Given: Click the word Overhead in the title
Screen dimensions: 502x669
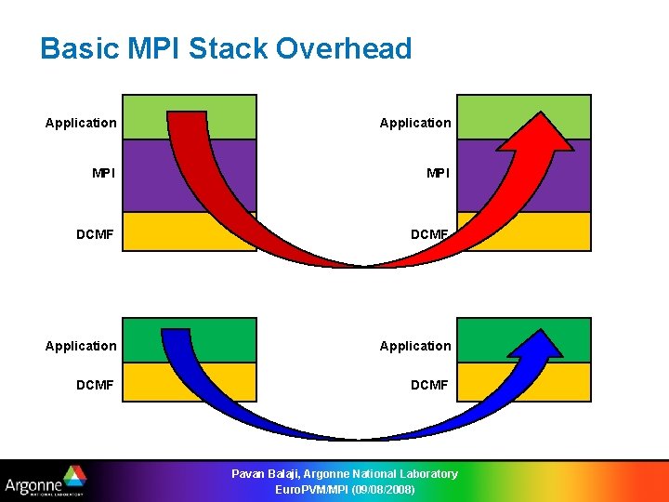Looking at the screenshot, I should point(352,48).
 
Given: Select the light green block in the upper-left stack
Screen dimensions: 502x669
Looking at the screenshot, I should point(143,116).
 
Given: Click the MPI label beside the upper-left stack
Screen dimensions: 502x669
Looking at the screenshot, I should point(104,172).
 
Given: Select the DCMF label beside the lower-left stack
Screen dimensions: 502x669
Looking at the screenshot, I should point(95,384).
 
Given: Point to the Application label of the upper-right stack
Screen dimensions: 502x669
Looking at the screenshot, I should point(415,123).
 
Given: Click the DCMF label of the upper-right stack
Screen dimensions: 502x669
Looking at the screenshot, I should point(429,235).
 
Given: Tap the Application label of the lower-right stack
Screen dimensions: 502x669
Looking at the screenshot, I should point(415,346).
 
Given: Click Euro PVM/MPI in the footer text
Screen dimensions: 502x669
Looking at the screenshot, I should point(311,489).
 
